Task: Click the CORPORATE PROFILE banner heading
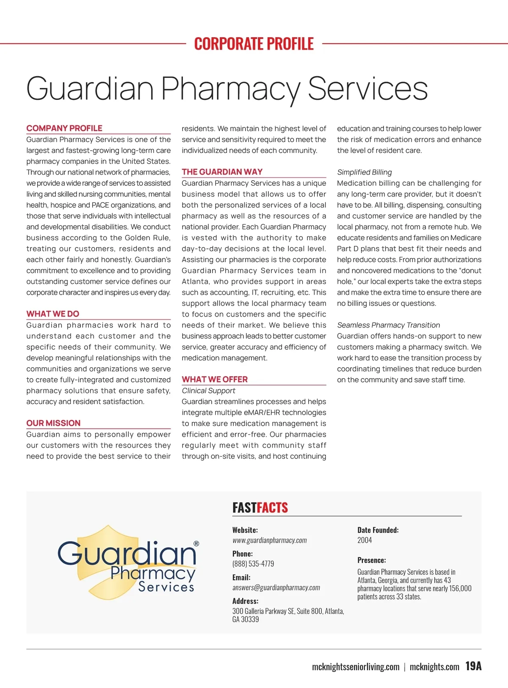pos(254,44)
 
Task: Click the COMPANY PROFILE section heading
pos(64,128)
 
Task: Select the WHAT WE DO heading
pos(53,314)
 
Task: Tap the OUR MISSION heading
pos(53,423)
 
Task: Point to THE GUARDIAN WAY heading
pos(222,172)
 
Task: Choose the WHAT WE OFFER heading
pos(215,380)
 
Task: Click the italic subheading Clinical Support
pos(208,391)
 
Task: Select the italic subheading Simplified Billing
pos(364,172)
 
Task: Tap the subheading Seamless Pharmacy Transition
pos(389,325)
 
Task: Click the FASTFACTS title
pos(260,507)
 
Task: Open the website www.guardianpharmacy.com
pos(270,540)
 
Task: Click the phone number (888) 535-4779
pos(253,564)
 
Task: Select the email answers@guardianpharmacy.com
pos(276,588)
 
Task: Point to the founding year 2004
pos(364,540)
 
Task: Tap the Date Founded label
pos(378,530)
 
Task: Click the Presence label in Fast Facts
pos(372,560)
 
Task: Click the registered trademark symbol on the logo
pos(196,544)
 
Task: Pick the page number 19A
pos(473,666)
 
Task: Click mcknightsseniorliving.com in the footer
pos(356,667)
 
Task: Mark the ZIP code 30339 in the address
pos(250,619)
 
